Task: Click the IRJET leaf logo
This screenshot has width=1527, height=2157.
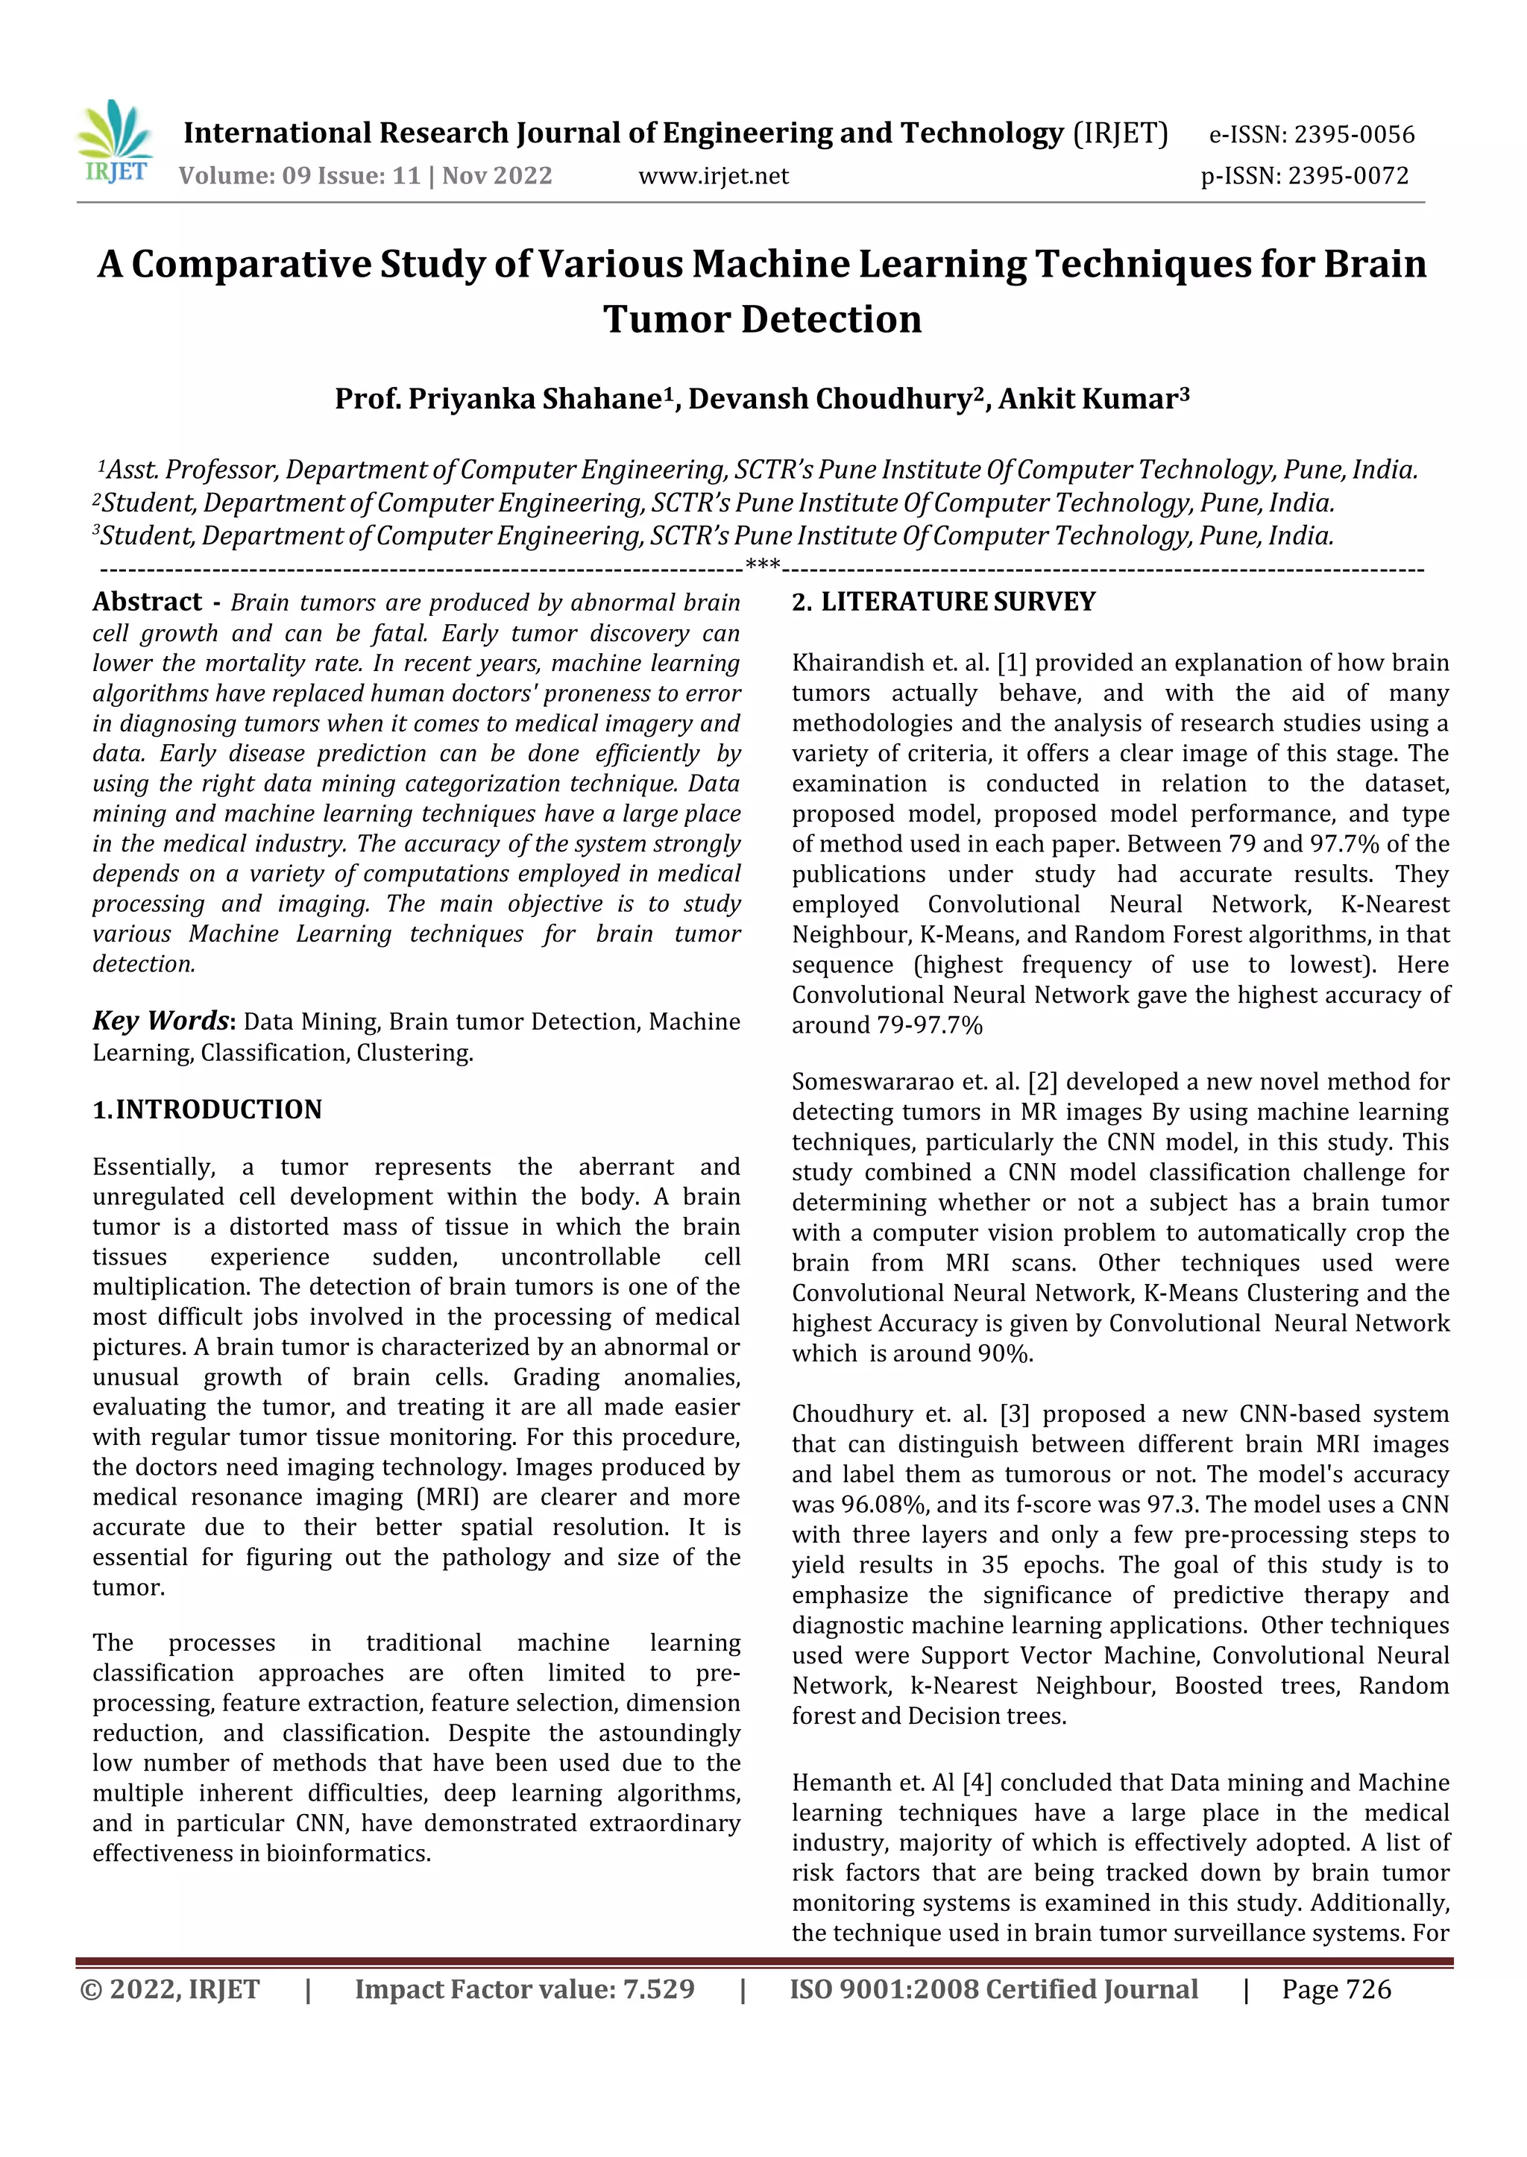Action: [x=115, y=143]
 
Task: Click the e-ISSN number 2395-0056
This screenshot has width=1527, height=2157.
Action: [x=1354, y=134]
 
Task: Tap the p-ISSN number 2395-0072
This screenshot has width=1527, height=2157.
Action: [x=1348, y=176]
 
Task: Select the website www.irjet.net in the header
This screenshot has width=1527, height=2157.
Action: [x=713, y=176]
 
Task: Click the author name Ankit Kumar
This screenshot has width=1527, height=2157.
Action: [x=1087, y=400]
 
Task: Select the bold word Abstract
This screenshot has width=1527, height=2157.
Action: [x=147, y=602]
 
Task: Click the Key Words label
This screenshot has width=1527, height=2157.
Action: [x=161, y=1021]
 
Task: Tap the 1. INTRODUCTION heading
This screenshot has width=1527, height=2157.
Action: [x=207, y=1109]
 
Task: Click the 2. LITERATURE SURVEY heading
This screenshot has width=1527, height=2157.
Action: [x=943, y=602]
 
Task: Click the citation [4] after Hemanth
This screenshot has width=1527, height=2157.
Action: [x=972, y=1783]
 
